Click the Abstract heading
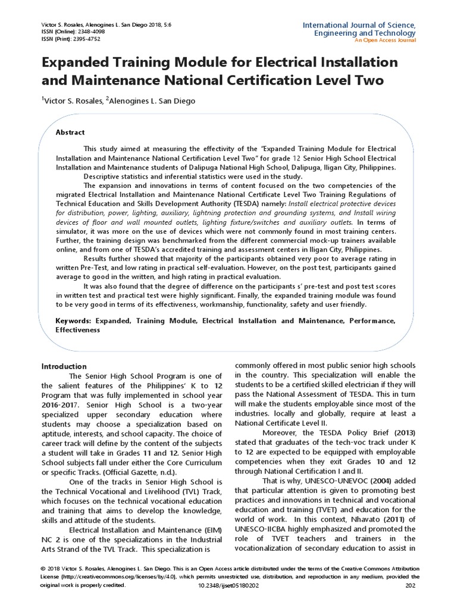point(70,132)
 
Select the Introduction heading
point(64,366)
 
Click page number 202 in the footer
point(410,586)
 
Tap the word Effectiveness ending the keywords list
point(78,329)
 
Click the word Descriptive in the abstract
point(104,177)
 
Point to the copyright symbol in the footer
point(43,568)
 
